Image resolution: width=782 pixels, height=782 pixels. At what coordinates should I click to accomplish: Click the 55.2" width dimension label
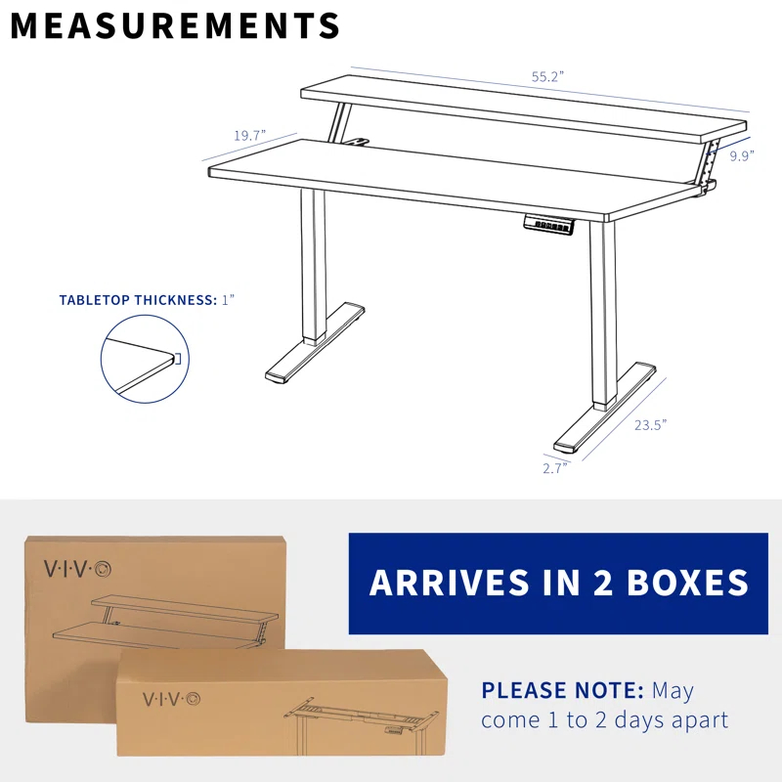(548, 76)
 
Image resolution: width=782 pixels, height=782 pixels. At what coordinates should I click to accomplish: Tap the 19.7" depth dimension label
(249, 136)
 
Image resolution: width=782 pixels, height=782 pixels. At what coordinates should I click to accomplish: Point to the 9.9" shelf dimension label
(742, 154)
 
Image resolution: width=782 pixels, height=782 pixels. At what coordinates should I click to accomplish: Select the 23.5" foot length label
(650, 424)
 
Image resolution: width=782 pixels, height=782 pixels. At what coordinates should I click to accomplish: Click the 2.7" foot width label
(555, 467)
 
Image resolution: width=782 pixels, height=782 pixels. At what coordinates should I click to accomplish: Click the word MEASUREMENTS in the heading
(176, 26)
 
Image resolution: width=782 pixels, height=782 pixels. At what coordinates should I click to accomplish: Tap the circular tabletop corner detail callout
(142, 363)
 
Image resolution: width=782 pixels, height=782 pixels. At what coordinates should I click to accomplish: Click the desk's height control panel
(554, 224)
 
